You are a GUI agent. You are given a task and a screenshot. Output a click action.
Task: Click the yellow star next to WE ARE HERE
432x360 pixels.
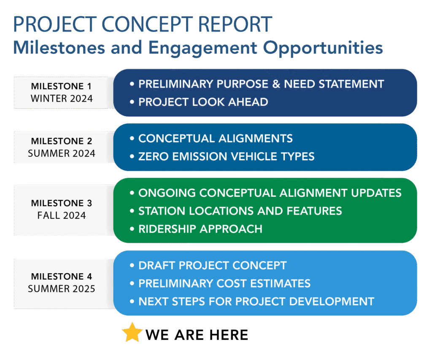coord(132,333)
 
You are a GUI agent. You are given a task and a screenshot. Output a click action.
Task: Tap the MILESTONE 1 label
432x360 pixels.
coord(61,86)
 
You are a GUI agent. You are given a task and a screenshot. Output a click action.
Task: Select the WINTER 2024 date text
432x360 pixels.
coord(62,99)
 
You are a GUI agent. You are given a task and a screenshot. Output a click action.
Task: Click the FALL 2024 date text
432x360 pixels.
coord(62,215)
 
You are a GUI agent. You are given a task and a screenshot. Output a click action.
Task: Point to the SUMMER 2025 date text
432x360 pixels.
coord(62,289)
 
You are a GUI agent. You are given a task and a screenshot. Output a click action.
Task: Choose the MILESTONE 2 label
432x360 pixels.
coord(62,141)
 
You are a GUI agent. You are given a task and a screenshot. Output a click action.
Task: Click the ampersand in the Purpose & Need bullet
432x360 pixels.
coord(276,84)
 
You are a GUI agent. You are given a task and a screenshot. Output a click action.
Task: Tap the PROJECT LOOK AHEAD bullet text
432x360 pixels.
coord(203,102)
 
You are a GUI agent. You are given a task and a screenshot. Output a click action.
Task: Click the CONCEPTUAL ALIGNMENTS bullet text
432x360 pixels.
coord(216,138)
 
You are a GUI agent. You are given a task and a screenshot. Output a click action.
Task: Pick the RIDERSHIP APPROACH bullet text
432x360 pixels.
coord(200,229)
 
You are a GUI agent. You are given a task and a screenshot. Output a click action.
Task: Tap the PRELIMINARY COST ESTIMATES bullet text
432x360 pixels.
coord(224,283)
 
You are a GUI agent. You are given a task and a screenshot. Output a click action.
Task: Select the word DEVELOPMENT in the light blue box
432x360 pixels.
coord(332,301)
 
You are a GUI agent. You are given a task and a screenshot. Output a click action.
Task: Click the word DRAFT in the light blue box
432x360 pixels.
coord(157,266)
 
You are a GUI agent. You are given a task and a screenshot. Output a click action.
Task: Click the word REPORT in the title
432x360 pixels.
coord(235,24)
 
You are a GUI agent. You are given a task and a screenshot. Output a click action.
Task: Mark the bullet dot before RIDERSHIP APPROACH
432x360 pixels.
coord(132,229)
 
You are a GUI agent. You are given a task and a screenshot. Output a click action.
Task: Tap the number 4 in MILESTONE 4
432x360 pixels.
coord(89,277)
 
